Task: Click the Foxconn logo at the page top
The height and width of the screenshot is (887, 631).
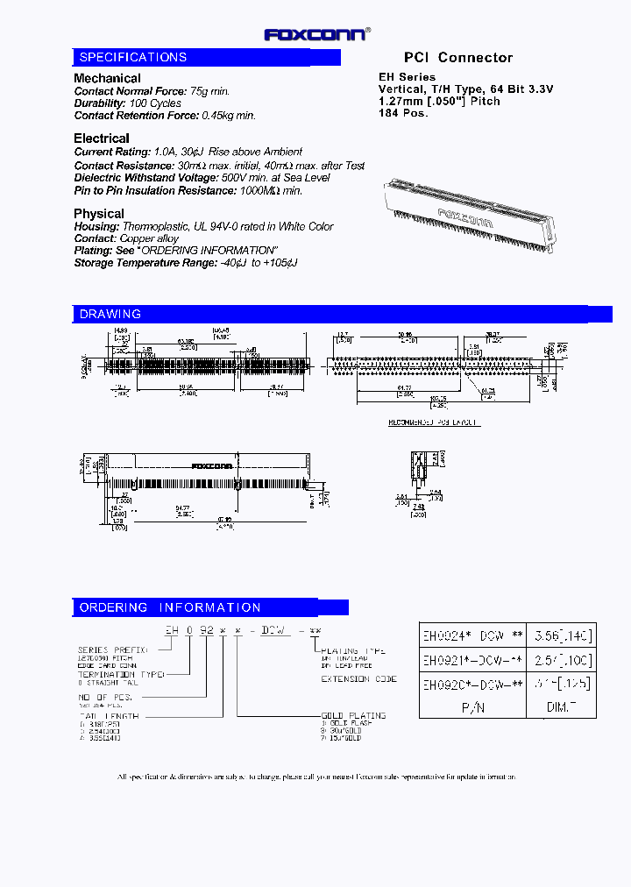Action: [316, 34]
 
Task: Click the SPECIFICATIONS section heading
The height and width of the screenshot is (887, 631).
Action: [133, 57]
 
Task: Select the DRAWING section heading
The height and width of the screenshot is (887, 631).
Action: [110, 314]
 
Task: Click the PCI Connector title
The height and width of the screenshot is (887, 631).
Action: [458, 58]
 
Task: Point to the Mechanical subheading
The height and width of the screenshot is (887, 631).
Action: [107, 78]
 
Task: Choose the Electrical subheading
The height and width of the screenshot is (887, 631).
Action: [102, 138]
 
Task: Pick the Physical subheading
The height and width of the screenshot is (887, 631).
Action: [99, 214]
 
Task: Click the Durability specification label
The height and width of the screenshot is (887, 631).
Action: [98, 103]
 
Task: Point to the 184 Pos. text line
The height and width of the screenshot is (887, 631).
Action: [403, 114]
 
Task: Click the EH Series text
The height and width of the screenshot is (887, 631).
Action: [407, 77]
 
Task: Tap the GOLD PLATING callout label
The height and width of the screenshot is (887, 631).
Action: [353, 715]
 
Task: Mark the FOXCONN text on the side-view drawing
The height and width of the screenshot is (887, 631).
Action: [211, 465]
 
